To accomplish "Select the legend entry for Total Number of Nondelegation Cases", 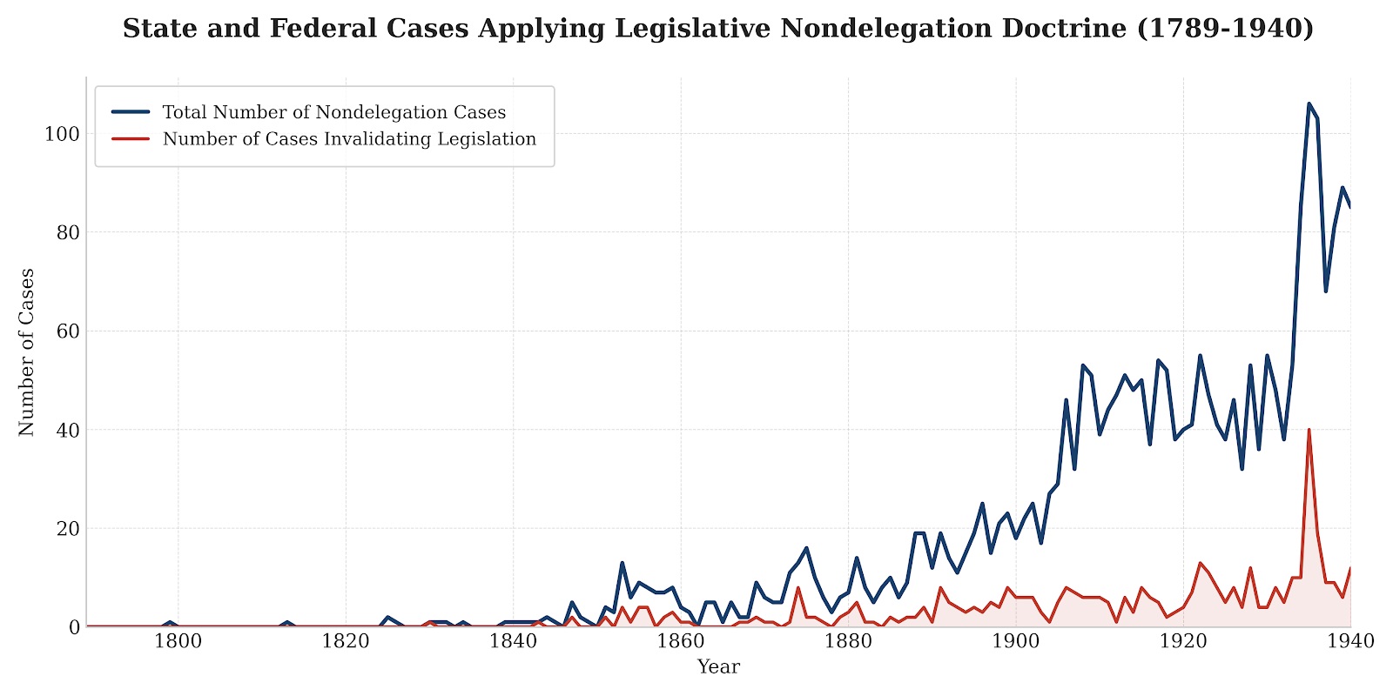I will (x=333, y=112).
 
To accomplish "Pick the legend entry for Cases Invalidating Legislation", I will (x=349, y=139).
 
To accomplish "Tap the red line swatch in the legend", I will (x=131, y=139).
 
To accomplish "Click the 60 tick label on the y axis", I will (x=67, y=331).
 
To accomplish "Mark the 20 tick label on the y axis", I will (x=67, y=529).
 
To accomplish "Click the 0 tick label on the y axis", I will (x=73, y=627).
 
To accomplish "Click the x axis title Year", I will (x=718, y=667).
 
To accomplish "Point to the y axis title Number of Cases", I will (x=27, y=351).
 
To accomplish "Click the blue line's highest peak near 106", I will (x=1309, y=104).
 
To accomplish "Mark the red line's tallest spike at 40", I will (x=1309, y=430).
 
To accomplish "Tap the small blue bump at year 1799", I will (x=170, y=622).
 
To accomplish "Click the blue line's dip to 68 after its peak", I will (x=1326, y=291).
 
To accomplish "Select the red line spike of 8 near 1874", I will (x=797, y=588).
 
